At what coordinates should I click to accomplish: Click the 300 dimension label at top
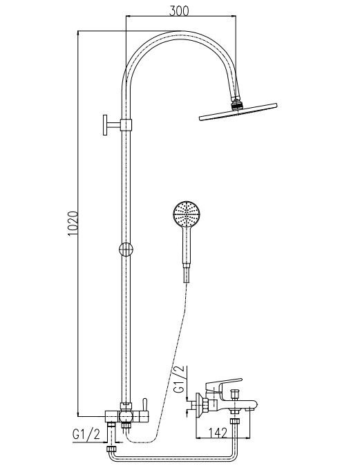click(x=179, y=10)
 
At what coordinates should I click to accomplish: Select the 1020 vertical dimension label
click(x=73, y=223)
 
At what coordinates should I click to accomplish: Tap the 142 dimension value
click(x=218, y=433)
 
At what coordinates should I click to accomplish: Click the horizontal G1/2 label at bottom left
click(x=86, y=435)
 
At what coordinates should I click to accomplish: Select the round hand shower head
click(x=187, y=214)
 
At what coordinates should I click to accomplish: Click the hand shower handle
click(x=187, y=245)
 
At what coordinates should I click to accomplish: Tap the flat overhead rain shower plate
click(x=238, y=111)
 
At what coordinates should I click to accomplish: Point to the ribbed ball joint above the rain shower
click(x=238, y=105)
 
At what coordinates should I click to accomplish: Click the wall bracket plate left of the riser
click(x=105, y=124)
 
